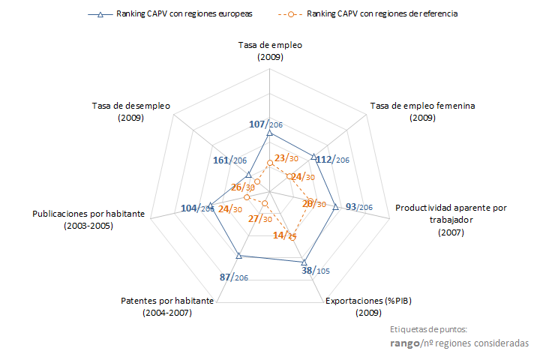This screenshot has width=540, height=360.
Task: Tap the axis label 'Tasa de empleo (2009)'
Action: tap(270, 51)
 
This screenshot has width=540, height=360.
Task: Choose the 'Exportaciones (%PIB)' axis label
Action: tap(368, 306)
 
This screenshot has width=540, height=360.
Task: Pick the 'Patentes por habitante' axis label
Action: tap(167, 306)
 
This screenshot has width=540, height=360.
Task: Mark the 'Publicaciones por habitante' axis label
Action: tap(88, 219)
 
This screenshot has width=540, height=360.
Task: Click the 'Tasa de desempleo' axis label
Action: tap(131, 112)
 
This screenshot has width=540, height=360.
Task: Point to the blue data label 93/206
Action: tap(358, 206)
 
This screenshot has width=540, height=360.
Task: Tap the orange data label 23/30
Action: tap(286, 158)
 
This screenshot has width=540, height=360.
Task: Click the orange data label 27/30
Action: tap(259, 219)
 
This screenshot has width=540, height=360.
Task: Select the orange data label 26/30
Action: tap(243, 187)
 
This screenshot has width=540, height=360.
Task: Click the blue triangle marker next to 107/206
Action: tap(269, 133)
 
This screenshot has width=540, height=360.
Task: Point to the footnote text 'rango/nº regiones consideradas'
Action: tap(459, 343)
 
